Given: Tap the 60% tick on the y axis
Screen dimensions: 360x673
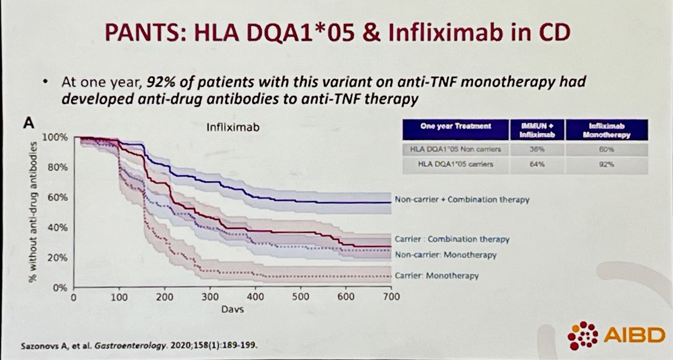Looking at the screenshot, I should click(x=59, y=197).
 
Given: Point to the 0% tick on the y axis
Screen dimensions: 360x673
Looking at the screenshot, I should click(x=61, y=288).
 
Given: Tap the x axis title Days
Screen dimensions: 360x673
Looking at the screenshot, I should click(x=232, y=310).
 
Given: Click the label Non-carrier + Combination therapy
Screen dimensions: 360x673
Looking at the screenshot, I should click(x=461, y=199).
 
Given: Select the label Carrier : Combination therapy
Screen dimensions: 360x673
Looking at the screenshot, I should click(x=452, y=239).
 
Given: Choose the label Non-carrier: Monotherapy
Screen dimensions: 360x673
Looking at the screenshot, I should click(x=445, y=255).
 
